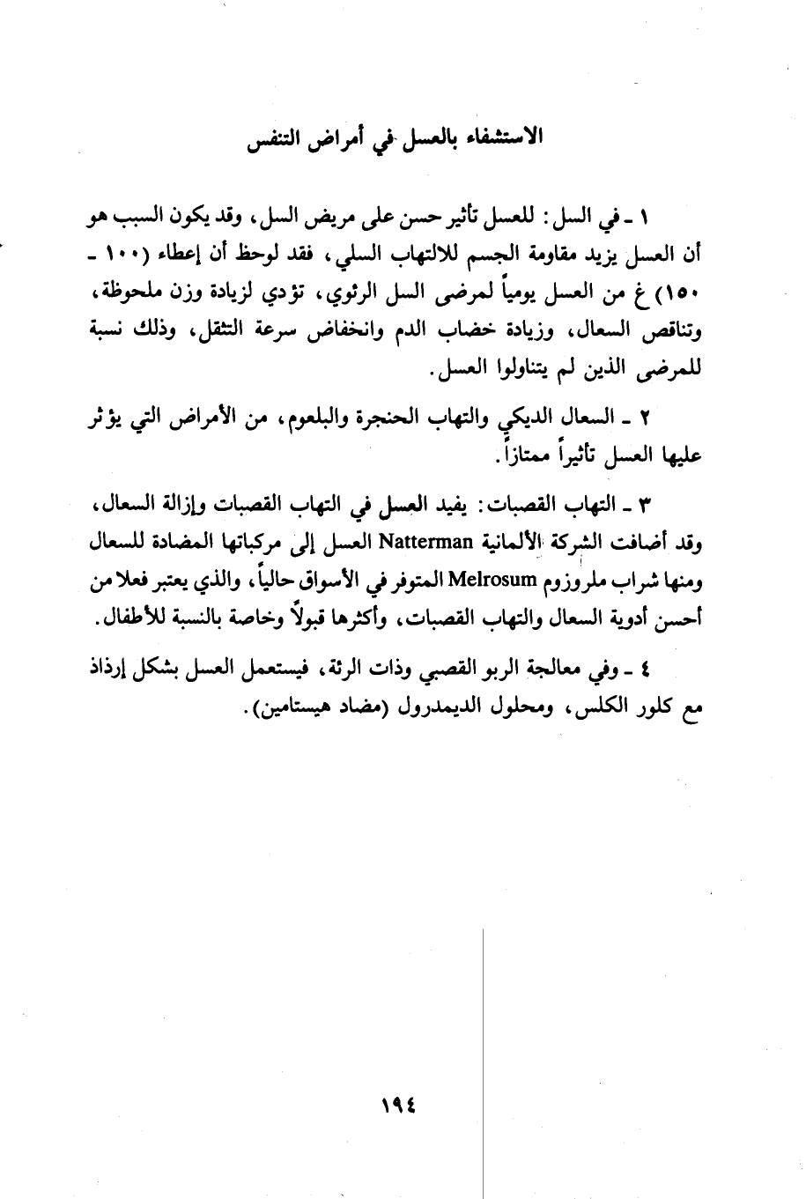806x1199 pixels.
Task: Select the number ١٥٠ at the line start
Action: click(688, 293)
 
